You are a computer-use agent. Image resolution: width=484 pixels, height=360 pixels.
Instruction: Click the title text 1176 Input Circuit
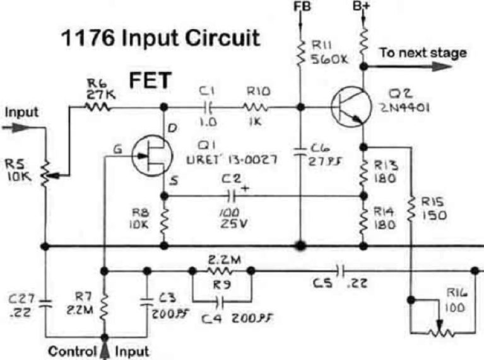click(159, 39)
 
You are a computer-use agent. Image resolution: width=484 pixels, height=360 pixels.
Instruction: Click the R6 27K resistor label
click(98, 90)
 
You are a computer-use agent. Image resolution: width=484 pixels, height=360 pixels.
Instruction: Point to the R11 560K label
click(326, 52)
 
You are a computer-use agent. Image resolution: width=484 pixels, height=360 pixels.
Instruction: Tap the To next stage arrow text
click(423, 52)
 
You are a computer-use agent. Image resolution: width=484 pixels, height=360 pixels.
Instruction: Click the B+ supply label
click(363, 8)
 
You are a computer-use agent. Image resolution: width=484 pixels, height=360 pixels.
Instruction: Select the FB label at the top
click(301, 8)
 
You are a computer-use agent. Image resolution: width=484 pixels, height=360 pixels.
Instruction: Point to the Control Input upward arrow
click(104, 348)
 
